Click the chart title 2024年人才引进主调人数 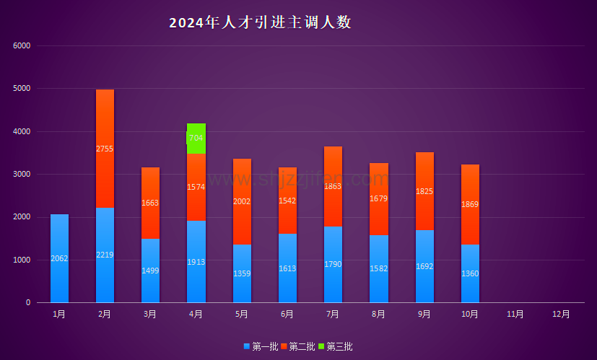tap(260, 22)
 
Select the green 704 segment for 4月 tap(196, 139)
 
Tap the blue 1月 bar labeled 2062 tap(60, 258)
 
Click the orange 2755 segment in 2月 tap(105, 149)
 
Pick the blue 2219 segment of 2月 tap(105, 255)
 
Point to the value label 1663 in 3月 tap(150, 203)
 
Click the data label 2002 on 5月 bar tap(242, 201)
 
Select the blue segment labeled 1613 tap(287, 268)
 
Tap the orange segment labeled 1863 tap(333, 186)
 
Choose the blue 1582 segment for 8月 tap(379, 269)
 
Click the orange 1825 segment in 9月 tap(424, 191)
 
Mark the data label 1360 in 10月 tap(470, 273)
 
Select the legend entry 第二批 tap(298, 347)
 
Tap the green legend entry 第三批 tap(336, 347)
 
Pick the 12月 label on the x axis tap(561, 314)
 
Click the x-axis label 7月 tap(333, 314)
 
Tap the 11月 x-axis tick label tap(515, 314)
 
